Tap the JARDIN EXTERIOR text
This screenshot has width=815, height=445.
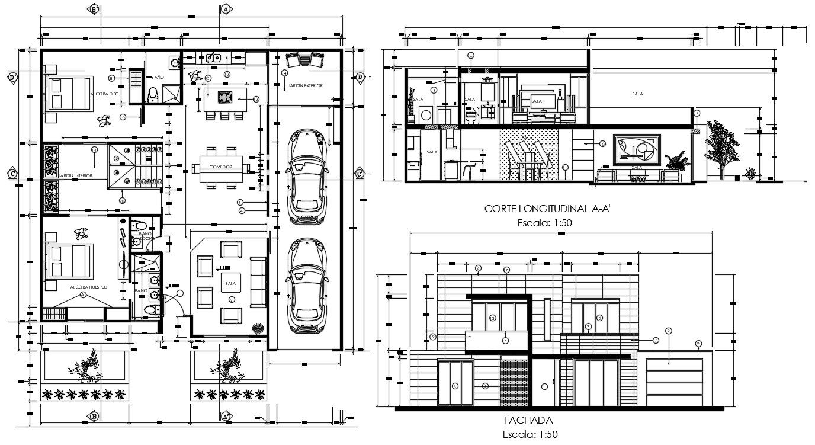point(306,86)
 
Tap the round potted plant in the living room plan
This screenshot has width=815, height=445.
point(258,328)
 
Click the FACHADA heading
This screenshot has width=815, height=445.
point(528,420)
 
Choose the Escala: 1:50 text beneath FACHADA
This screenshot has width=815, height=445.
point(528,434)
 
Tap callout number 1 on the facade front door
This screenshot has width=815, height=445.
point(544,387)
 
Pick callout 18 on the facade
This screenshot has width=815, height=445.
point(656,340)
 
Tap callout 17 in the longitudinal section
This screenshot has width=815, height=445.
point(697,113)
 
